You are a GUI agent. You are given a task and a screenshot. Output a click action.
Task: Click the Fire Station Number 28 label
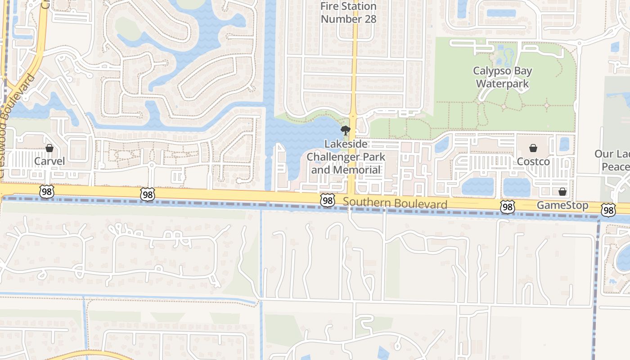click(x=348, y=13)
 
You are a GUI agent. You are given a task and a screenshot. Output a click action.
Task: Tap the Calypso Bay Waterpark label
click(x=502, y=77)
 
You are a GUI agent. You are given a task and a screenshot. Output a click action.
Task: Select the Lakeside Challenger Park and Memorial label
click(x=346, y=157)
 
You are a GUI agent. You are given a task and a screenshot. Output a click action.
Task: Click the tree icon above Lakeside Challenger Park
click(x=346, y=130)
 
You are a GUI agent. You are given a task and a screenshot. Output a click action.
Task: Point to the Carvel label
click(x=49, y=161)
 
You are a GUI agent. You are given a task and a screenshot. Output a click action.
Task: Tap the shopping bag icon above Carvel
click(x=49, y=148)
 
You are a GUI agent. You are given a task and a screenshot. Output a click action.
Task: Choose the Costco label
click(x=533, y=162)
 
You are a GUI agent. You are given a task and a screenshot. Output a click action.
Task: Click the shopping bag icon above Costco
click(x=533, y=148)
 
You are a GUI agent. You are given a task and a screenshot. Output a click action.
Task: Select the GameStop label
click(x=562, y=206)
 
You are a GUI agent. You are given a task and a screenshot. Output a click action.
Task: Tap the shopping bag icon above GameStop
click(x=562, y=192)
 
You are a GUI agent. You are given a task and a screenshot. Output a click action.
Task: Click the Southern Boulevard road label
click(x=395, y=203)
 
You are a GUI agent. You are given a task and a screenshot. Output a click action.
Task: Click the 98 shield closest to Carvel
click(x=46, y=192)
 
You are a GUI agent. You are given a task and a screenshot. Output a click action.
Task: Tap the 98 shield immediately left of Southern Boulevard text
click(x=328, y=201)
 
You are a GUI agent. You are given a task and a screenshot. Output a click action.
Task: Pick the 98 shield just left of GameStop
click(x=508, y=207)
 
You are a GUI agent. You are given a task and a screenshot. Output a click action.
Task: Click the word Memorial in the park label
click(x=358, y=170)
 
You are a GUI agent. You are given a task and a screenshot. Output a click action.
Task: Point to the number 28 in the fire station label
click(x=366, y=19)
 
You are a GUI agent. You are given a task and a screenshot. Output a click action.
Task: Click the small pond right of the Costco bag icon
click(x=564, y=144)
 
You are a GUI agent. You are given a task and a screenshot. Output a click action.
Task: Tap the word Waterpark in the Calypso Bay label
click(x=502, y=84)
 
